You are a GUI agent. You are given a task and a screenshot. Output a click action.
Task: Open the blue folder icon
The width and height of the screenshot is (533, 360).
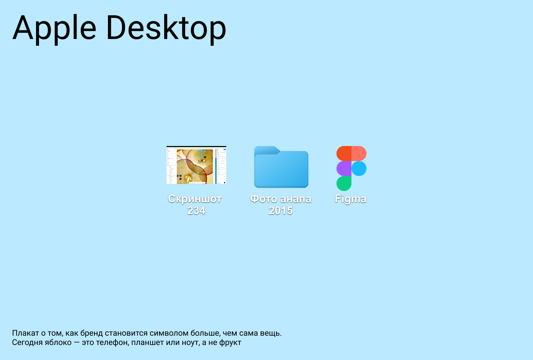[x=281, y=167]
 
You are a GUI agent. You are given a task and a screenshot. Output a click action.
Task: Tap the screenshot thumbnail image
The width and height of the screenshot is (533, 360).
[x=196, y=165]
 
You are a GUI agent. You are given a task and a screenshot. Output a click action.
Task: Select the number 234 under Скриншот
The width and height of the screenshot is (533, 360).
[x=196, y=210]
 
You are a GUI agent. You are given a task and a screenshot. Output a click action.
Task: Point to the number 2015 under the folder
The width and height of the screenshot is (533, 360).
[x=281, y=210]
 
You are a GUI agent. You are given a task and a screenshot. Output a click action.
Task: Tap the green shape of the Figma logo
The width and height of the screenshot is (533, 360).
[x=344, y=183]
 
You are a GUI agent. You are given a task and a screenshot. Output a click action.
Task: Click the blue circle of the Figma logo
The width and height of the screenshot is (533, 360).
[x=359, y=169]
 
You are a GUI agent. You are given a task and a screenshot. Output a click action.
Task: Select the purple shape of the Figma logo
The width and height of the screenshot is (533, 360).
[x=344, y=169]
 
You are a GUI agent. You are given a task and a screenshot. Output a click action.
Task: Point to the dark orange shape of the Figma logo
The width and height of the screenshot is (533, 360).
[x=344, y=154]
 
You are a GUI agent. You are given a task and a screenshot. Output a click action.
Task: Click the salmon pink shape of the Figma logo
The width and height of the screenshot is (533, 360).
[x=359, y=154]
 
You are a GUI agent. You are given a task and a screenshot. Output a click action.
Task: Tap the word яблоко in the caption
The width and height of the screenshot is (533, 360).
[x=57, y=343]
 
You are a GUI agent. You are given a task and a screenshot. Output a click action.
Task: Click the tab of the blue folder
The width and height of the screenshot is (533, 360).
[x=266, y=150]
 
